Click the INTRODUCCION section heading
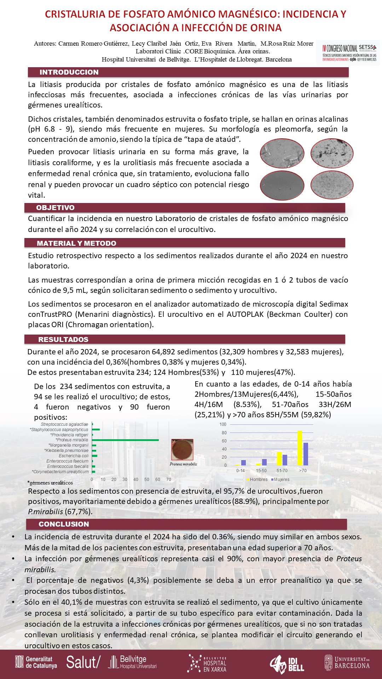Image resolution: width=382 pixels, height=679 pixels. point(69,72)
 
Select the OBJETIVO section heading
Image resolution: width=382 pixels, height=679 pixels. point(55,208)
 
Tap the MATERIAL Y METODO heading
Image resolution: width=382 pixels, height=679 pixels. point(76,243)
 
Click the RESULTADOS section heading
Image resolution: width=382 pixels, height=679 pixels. point(63,339)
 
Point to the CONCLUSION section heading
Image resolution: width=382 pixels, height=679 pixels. point(64,524)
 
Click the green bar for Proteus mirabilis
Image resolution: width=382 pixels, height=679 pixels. point(126,440)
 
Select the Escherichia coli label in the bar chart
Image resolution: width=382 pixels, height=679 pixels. point(73,456)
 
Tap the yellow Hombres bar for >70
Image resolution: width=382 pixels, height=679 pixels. point(300,448)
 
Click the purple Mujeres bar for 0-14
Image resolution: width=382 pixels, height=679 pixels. point(243,463)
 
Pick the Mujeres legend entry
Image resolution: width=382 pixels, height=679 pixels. point(280,480)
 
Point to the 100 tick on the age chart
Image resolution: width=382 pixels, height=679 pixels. point(223,424)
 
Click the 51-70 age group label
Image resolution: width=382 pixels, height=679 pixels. point(282,471)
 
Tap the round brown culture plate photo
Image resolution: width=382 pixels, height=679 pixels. point(183,449)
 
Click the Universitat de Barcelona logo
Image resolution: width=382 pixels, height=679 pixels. point(347,662)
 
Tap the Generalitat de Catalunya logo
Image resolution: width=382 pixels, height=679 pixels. point(36,662)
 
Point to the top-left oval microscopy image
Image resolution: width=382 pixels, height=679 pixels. point(282,153)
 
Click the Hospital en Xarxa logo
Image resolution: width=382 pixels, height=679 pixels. point(207,663)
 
